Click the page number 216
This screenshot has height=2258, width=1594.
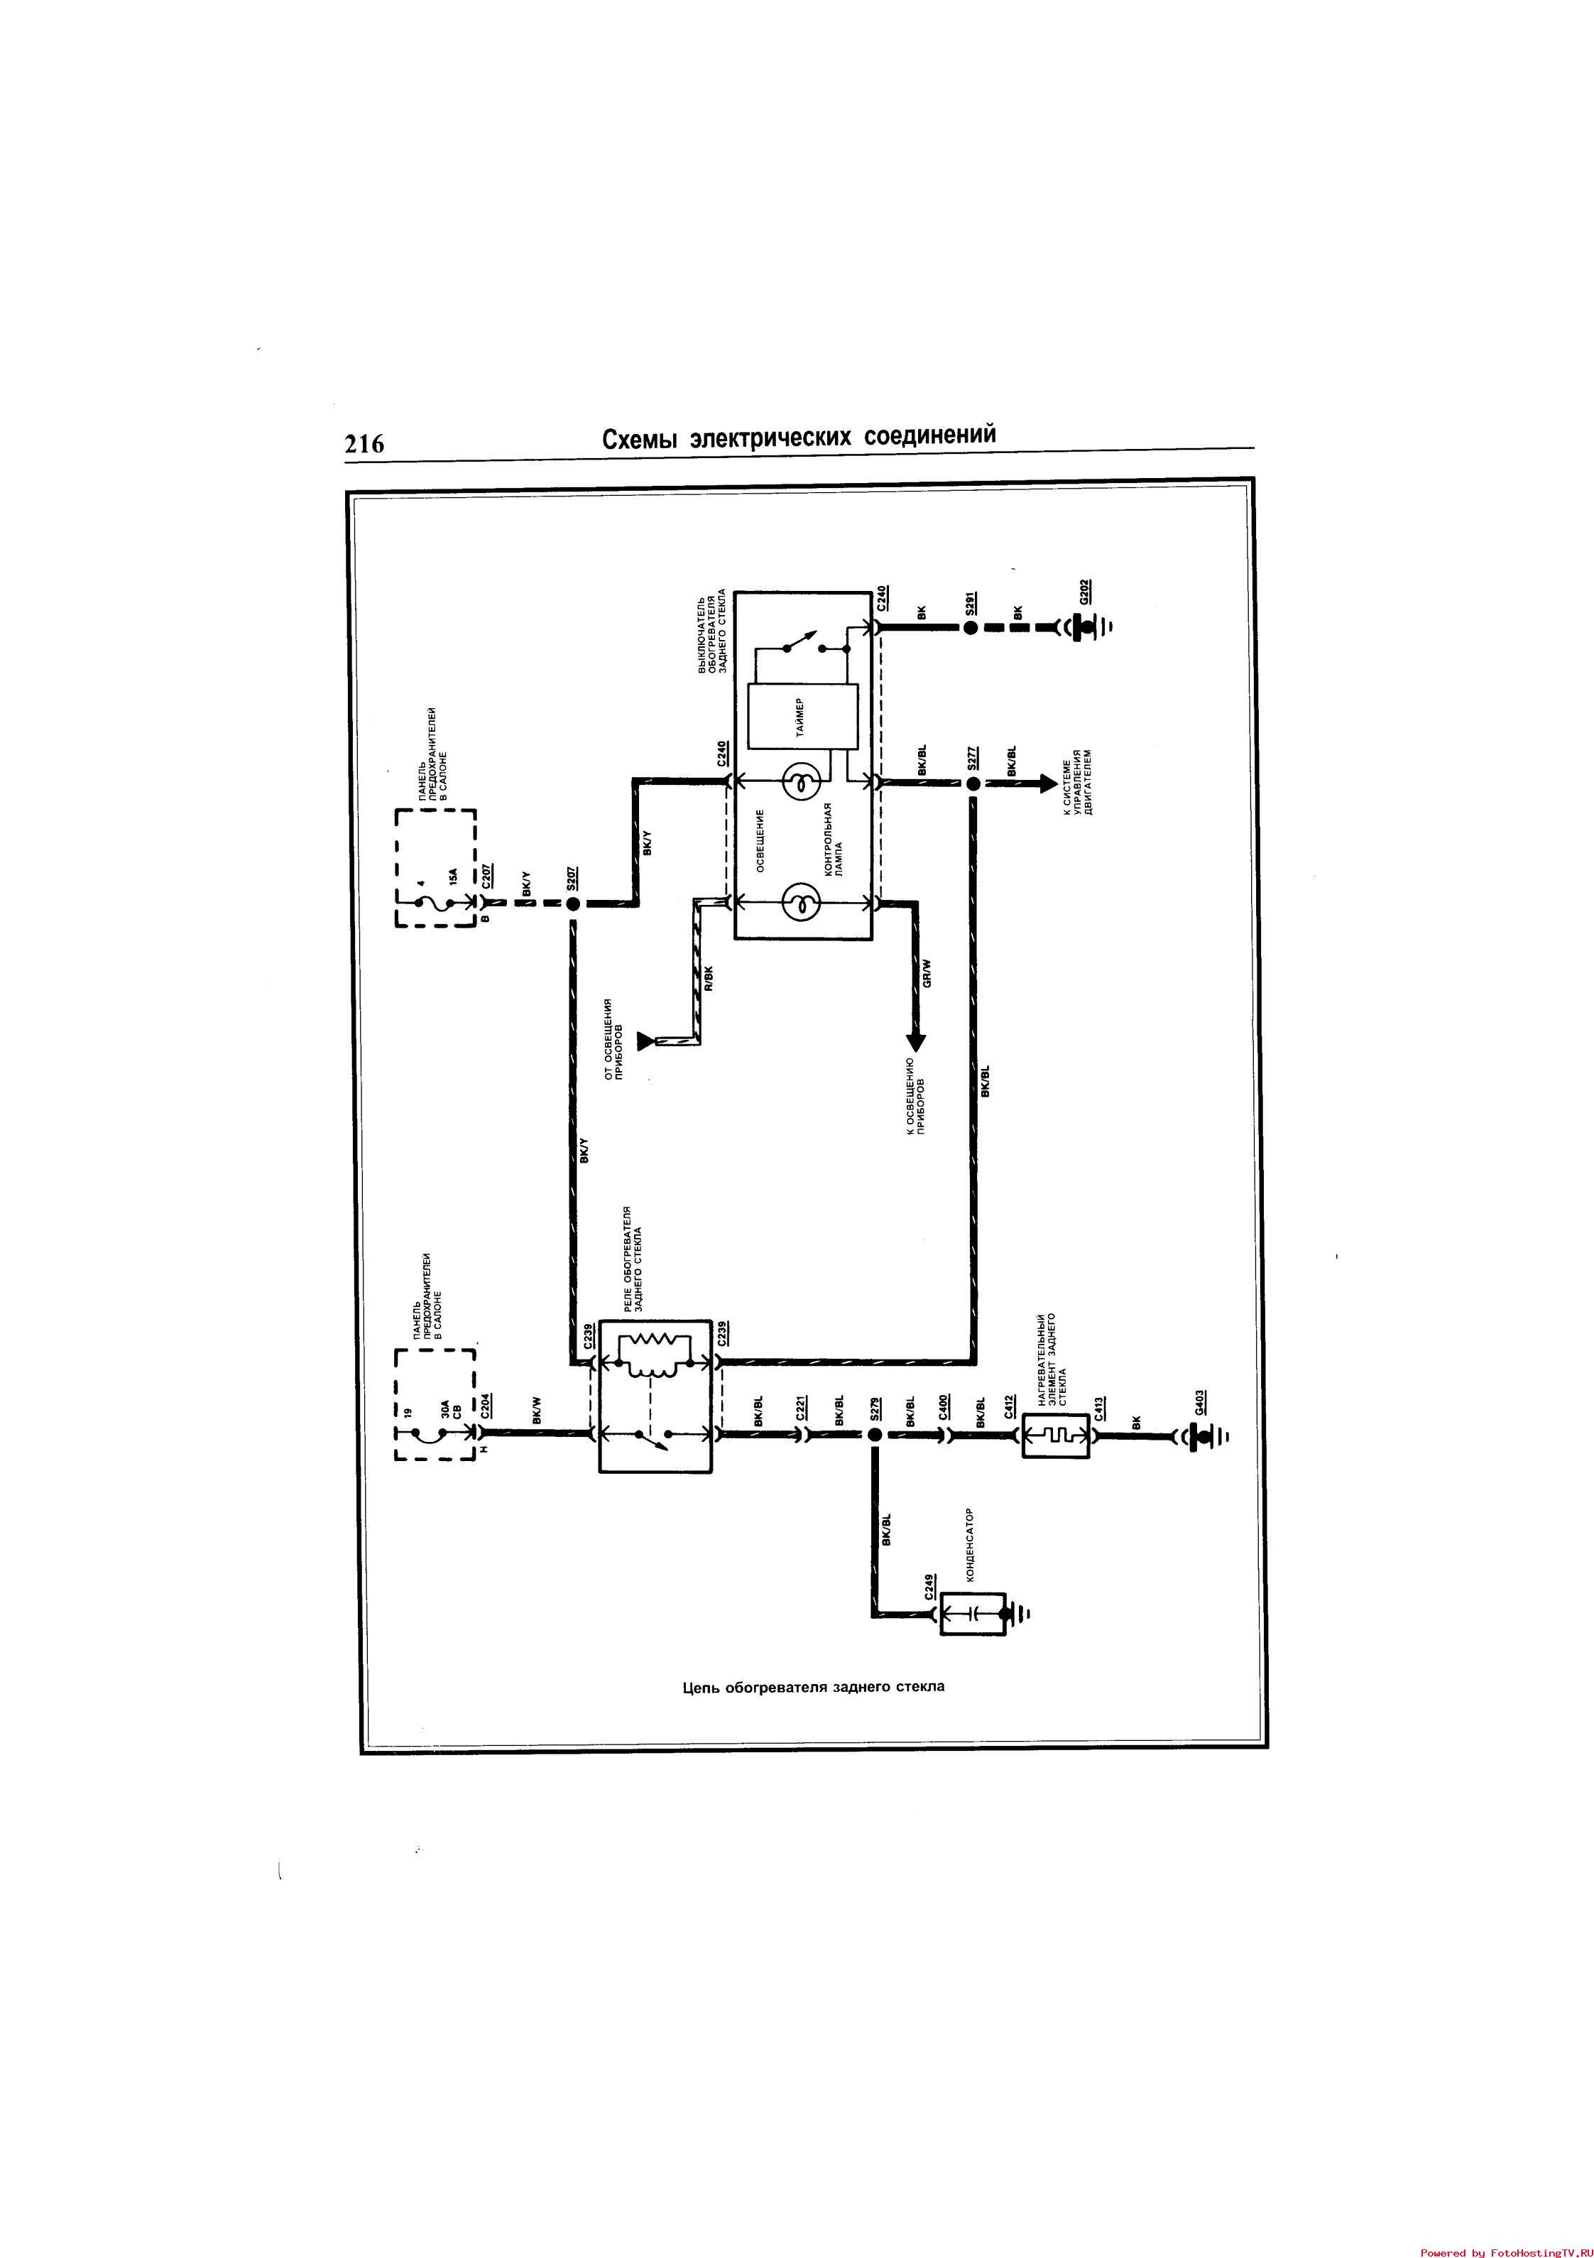pos(364,445)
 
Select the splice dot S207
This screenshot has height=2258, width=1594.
pos(572,903)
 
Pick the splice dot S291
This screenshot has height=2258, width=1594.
pos(971,626)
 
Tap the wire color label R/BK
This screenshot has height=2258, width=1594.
pos(708,979)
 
